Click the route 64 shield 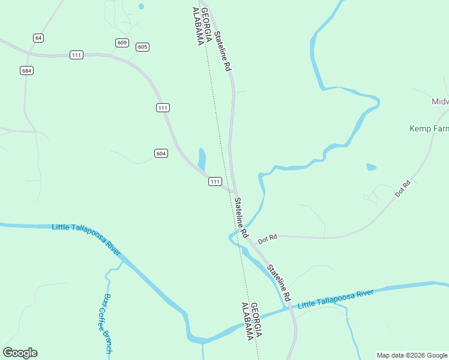tap(38, 38)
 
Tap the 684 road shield tap(26, 70)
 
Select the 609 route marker tap(122, 43)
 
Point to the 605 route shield tap(142, 47)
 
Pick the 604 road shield tap(160, 153)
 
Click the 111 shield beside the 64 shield tap(76, 55)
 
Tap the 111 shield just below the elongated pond tap(215, 181)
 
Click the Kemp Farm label tap(429, 128)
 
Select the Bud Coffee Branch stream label tap(108, 323)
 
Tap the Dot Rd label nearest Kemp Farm tap(402, 190)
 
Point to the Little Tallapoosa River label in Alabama tap(87, 236)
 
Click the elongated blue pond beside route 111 tap(202, 159)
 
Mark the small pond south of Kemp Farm tap(371, 167)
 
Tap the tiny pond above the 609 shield tap(141, 7)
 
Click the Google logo tap(20, 353)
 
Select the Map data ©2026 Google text tap(412, 355)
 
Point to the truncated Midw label tap(440, 101)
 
